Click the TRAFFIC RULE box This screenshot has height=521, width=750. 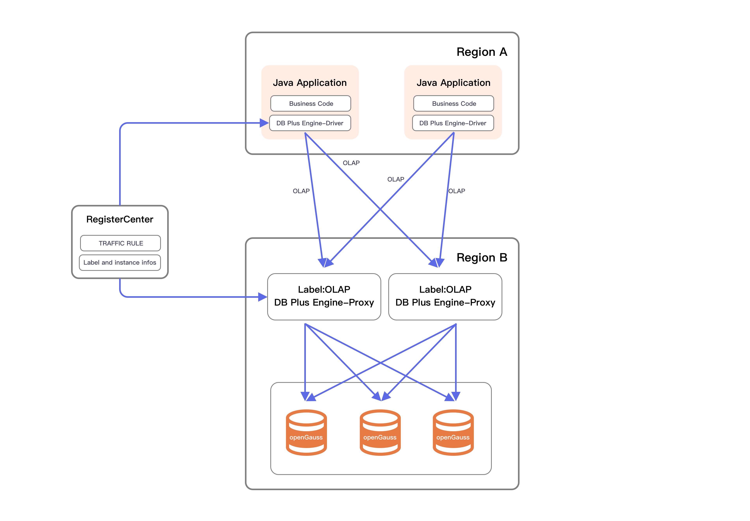(x=121, y=243)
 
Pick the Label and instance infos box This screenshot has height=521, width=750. (x=120, y=262)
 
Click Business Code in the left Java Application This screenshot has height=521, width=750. (x=311, y=103)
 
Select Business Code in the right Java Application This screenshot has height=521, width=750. (x=454, y=103)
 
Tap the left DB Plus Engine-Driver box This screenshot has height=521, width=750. (x=310, y=123)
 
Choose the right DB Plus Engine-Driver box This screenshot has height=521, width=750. (x=453, y=123)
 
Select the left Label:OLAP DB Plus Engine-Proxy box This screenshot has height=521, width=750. (x=324, y=296)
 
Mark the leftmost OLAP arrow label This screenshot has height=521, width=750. (x=301, y=191)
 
